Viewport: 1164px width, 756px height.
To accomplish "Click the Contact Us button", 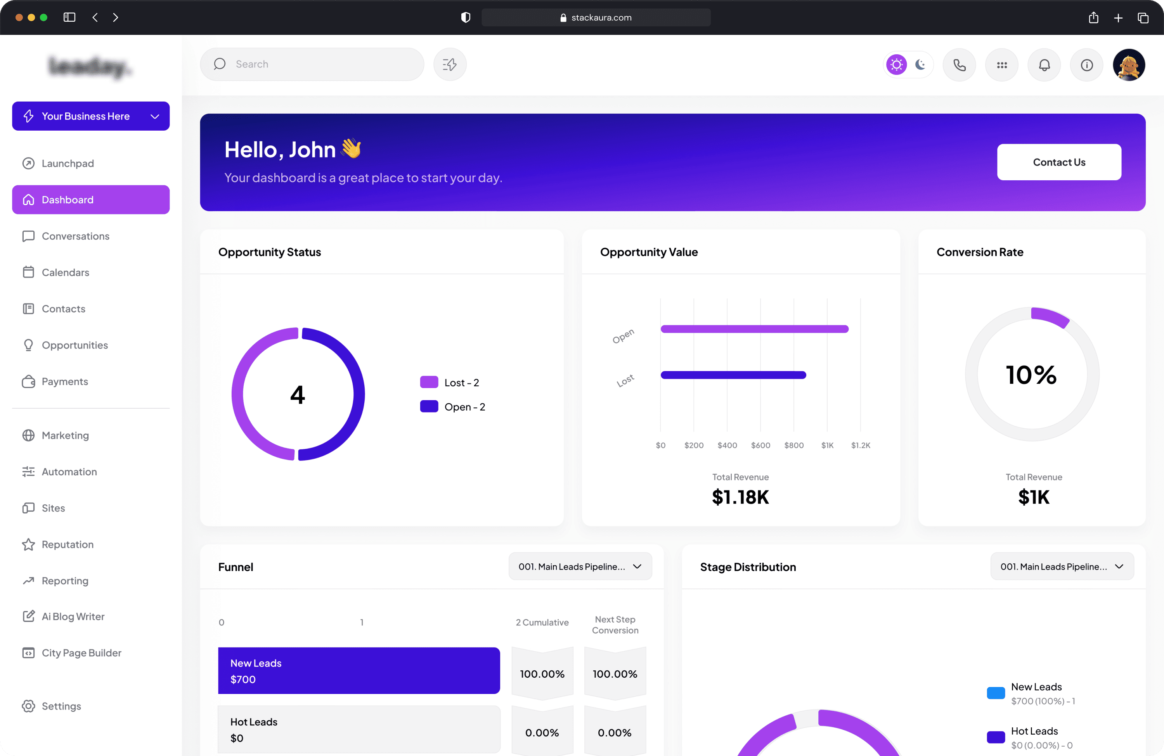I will tap(1059, 162).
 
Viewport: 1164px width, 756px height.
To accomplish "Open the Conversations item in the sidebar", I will tap(75, 236).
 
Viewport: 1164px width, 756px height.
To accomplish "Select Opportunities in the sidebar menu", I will tap(74, 345).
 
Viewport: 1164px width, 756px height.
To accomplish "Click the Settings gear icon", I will tap(28, 706).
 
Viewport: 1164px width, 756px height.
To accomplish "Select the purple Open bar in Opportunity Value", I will tap(754, 329).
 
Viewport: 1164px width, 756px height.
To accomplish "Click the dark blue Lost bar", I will tap(733, 375).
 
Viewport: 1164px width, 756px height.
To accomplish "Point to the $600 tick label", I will tap(760, 445).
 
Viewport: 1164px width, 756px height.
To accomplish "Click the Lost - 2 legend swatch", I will tap(429, 382).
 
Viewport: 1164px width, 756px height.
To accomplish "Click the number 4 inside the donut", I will tap(297, 394).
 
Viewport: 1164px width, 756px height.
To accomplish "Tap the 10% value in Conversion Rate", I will tap(1031, 375).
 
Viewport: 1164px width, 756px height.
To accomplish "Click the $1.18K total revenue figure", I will tap(740, 497).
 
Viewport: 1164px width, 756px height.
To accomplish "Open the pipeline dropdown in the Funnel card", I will tap(580, 566).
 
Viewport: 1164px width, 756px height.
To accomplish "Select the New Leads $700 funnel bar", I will tap(359, 670).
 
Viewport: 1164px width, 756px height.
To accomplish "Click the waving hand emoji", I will tap(351, 148).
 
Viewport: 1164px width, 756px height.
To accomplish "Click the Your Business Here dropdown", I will tap(91, 116).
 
